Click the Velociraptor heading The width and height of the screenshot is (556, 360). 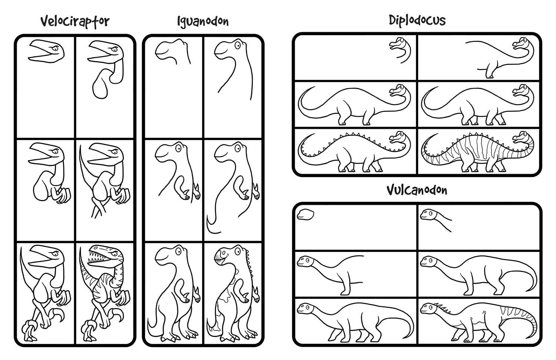pyautogui.click(x=75, y=21)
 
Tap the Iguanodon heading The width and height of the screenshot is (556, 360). pyautogui.click(x=203, y=21)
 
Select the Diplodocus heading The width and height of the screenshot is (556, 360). pyautogui.click(x=417, y=20)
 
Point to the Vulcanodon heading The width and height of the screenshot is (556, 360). pyautogui.click(x=417, y=190)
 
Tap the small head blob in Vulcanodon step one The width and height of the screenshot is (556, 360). pyautogui.click(x=305, y=214)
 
